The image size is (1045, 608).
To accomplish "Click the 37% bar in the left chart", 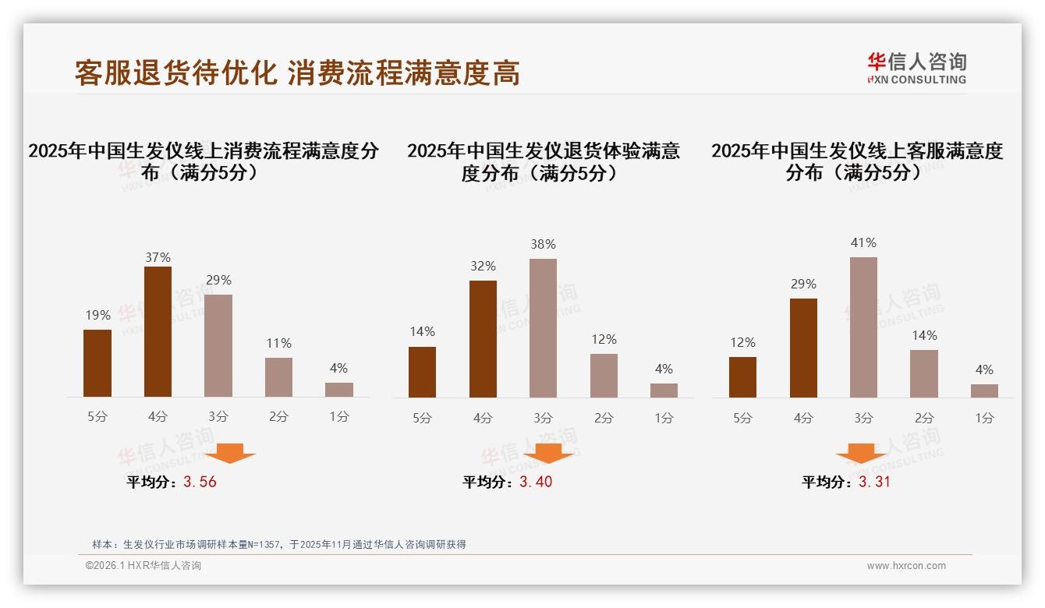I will click(x=158, y=332).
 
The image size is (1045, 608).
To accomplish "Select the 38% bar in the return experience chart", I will click(x=543, y=328).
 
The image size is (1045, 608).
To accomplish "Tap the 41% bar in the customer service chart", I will click(x=863, y=327).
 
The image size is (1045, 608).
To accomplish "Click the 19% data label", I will click(x=97, y=316).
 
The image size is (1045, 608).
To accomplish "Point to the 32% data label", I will click(x=483, y=267).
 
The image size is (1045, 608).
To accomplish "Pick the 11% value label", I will click(x=278, y=344).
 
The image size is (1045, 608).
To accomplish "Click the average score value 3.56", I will click(x=200, y=482).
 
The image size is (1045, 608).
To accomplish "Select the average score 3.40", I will click(x=536, y=482).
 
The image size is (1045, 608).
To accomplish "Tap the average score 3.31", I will click(x=874, y=482).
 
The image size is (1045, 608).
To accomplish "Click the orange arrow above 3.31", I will click(x=861, y=454).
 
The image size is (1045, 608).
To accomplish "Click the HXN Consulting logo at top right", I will click(x=916, y=69).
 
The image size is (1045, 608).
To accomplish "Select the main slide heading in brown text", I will click(x=297, y=73).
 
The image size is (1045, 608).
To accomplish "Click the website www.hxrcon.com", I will click(x=906, y=566).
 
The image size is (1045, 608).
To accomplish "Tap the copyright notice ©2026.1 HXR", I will click(x=143, y=566).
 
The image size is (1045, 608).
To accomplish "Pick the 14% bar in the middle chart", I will click(x=422, y=372).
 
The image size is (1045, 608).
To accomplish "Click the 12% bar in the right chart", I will click(x=742, y=377).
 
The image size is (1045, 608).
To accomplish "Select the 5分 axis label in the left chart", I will click(x=97, y=417).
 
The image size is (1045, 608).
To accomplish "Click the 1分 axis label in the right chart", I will click(x=984, y=418).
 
